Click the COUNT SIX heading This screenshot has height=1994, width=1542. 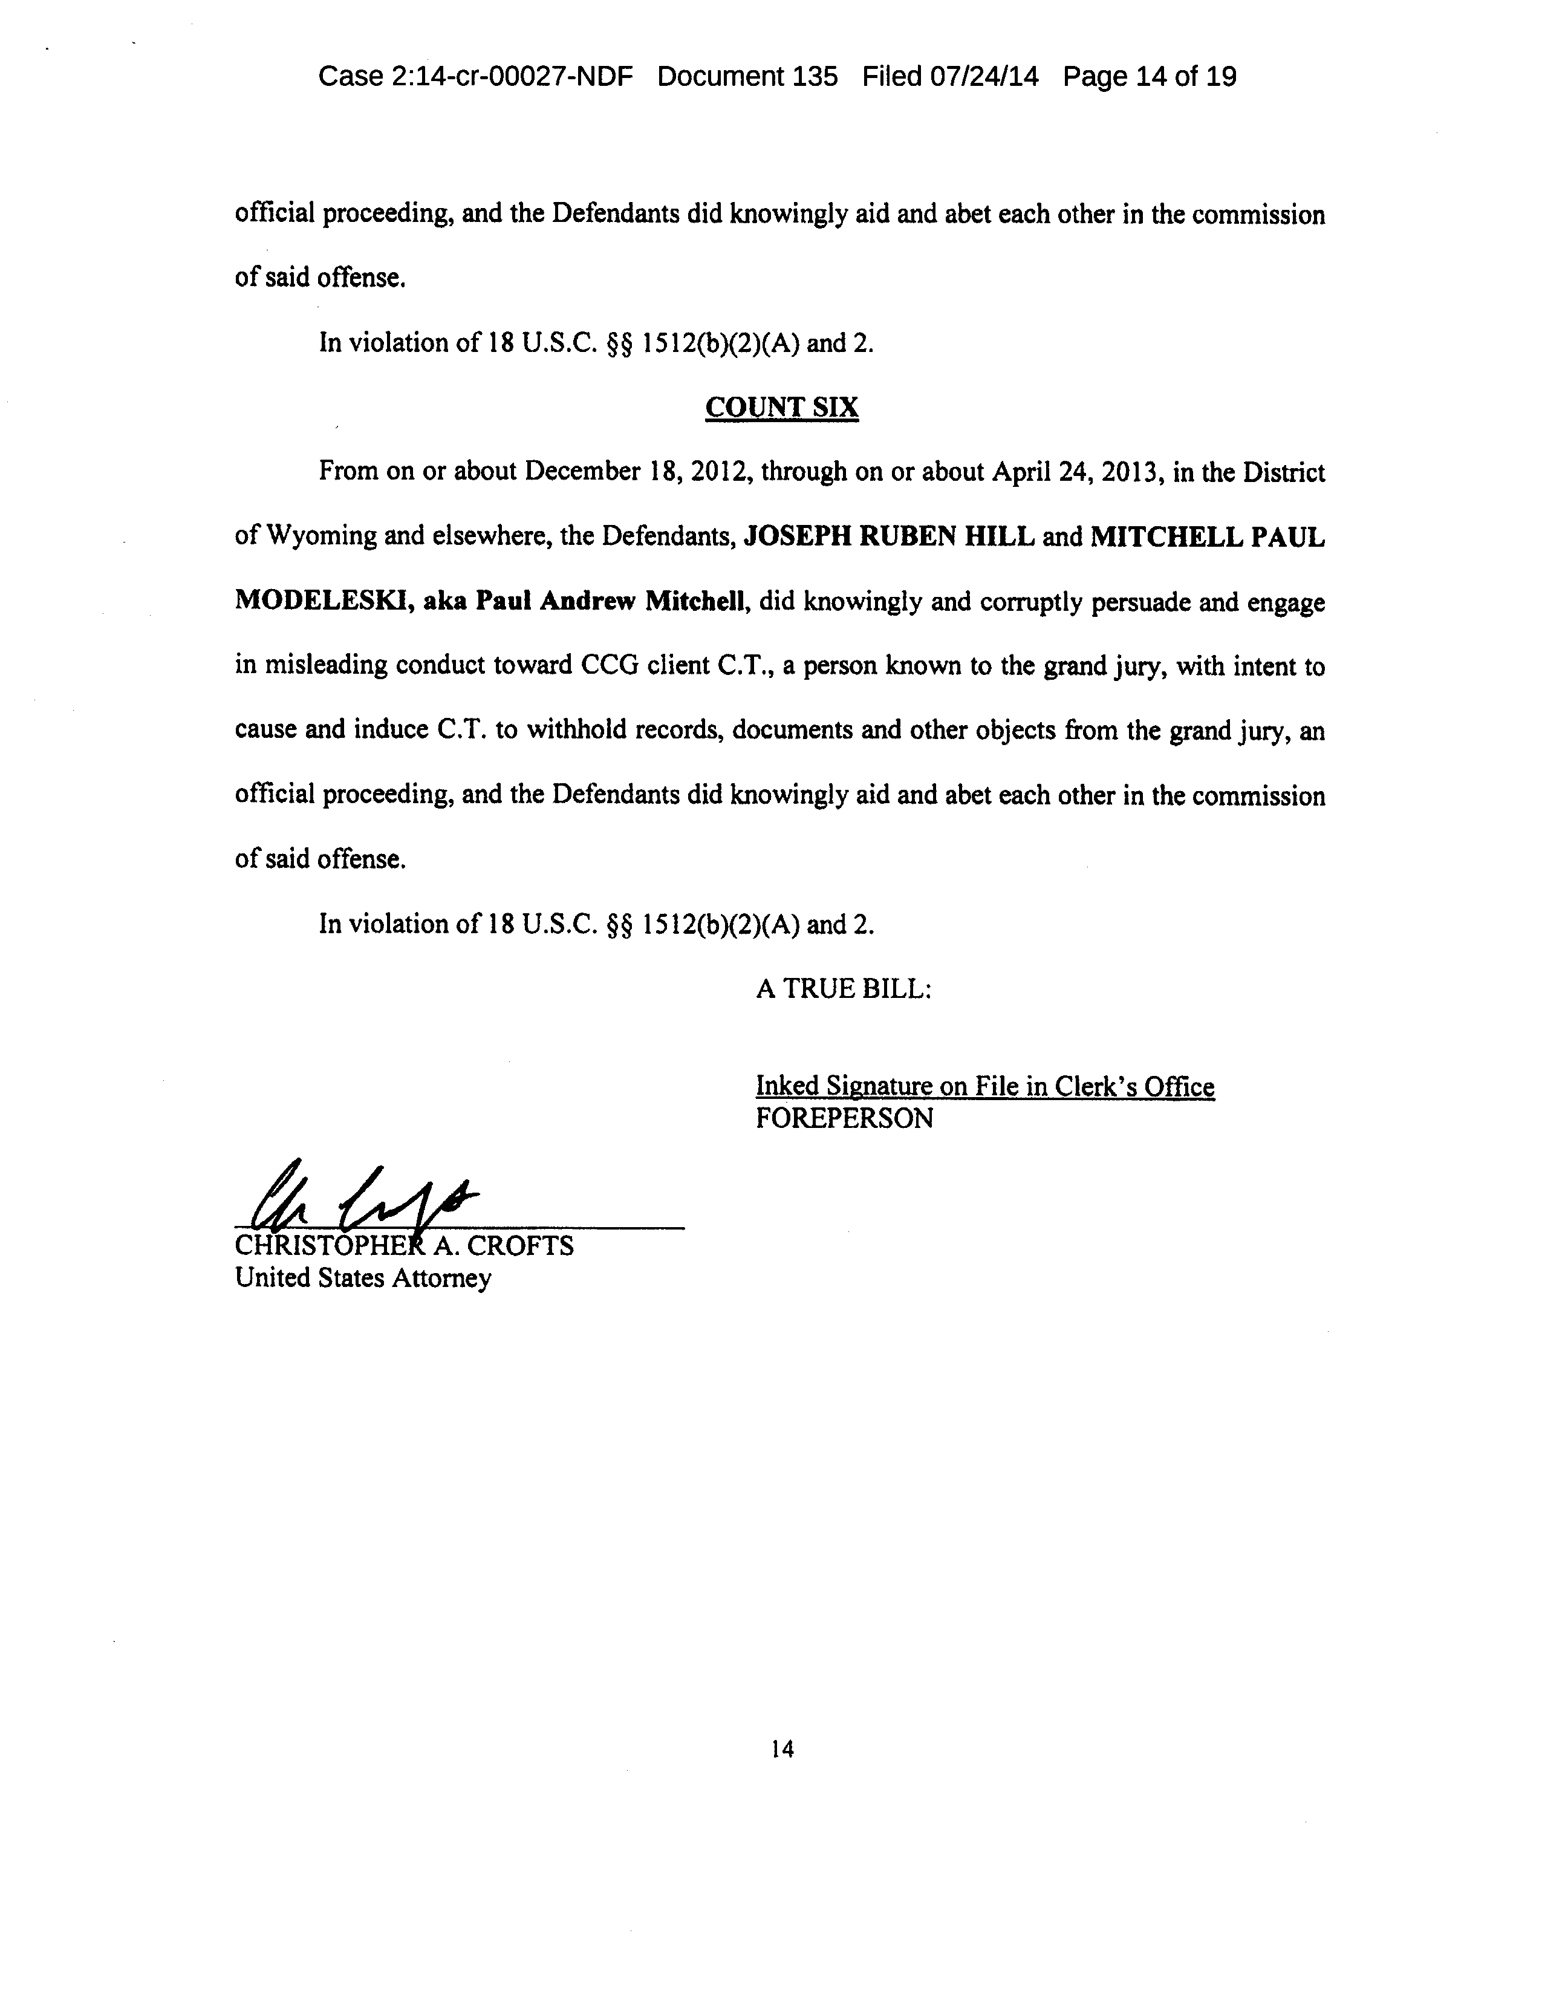pyautogui.click(x=781, y=407)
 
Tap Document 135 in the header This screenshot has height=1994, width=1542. pyautogui.click(x=747, y=77)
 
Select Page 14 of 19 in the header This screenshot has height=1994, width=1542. pyautogui.click(x=1150, y=77)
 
